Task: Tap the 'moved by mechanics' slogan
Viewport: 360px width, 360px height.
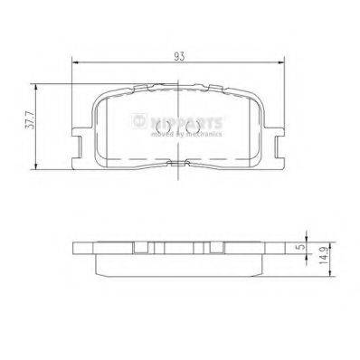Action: coord(194,132)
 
